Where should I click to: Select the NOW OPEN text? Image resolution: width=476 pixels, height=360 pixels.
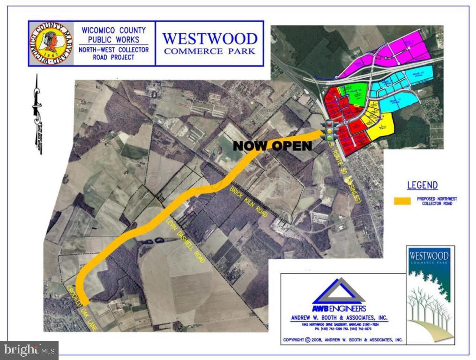pyautogui.click(x=272, y=146)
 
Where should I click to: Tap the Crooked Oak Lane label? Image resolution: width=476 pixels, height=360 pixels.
pyautogui.click(x=81, y=308)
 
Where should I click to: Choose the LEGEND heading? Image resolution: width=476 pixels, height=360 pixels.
pyautogui.click(x=422, y=186)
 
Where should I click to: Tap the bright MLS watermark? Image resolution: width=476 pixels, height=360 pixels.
pyautogui.click(x=29, y=350)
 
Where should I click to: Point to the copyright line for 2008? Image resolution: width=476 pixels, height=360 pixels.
pyautogui.click(x=343, y=340)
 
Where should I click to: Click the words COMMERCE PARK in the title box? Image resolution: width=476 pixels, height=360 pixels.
pyautogui.click(x=209, y=51)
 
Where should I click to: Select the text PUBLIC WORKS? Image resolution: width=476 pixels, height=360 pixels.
pyautogui.click(x=114, y=40)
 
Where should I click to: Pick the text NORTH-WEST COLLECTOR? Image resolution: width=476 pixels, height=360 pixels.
pyautogui.click(x=114, y=50)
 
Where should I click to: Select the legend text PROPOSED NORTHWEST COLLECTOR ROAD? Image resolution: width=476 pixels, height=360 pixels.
pyautogui.click(x=437, y=201)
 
